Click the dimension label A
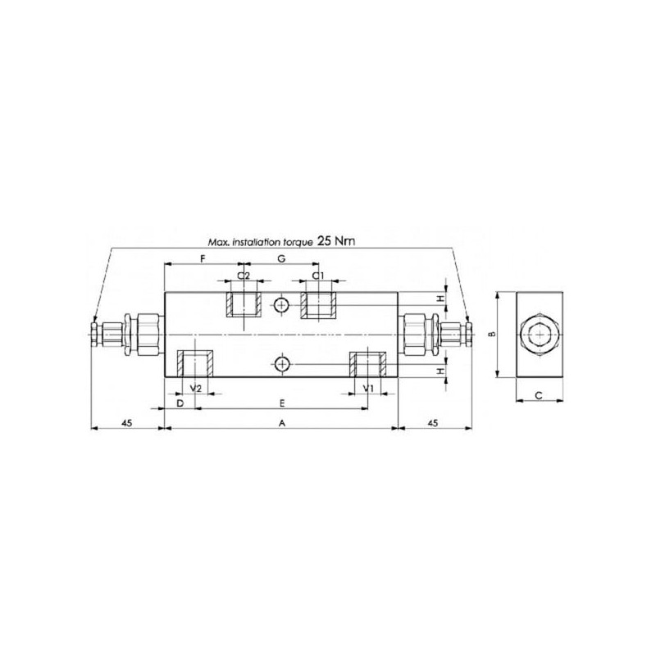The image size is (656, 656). [x=282, y=423]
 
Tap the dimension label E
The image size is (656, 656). [x=282, y=403]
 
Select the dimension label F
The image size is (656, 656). [x=203, y=258]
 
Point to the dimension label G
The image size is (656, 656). [x=281, y=258]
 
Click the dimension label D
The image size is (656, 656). [x=180, y=403]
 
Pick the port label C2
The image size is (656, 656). [x=244, y=276]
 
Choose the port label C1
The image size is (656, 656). [x=318, y=276]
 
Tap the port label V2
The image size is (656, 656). [x=196, y=388]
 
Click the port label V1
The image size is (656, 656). [x=368, y=388]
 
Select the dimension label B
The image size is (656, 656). [x=493, y=334]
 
